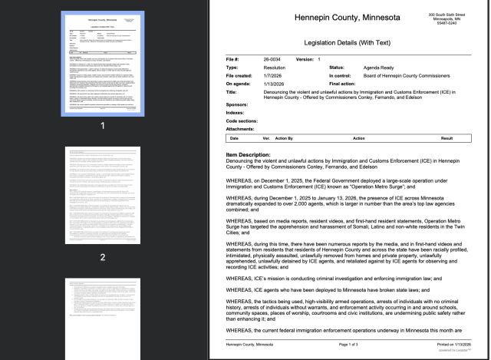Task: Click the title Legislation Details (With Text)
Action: coord(338,45)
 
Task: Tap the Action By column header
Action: coord(285,138)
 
